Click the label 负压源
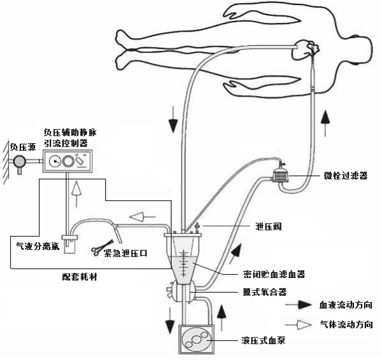tap(23, 147)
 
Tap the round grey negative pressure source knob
tap(19, 161)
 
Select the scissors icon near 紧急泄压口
tap(103, 247)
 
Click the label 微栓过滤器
tap(346, 176)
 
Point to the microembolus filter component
tap(280, 174)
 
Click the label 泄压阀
tap(268, 226)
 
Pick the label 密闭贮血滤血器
tap(274, 274)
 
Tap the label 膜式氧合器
tap(265, 291)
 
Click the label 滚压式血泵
tap(264, 340)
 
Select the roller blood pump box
tap(196, 339)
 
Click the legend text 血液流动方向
tap(346, 305)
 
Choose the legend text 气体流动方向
tap(346, 324)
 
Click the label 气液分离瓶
tap(38, 246)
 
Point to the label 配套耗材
tap(80, 277)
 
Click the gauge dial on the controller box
tap(55, 161)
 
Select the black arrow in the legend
tap(298, 305)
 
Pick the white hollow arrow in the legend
tap(298, 324)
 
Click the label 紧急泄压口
tap(125, 253)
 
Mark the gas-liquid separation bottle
tap(69, 244)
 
